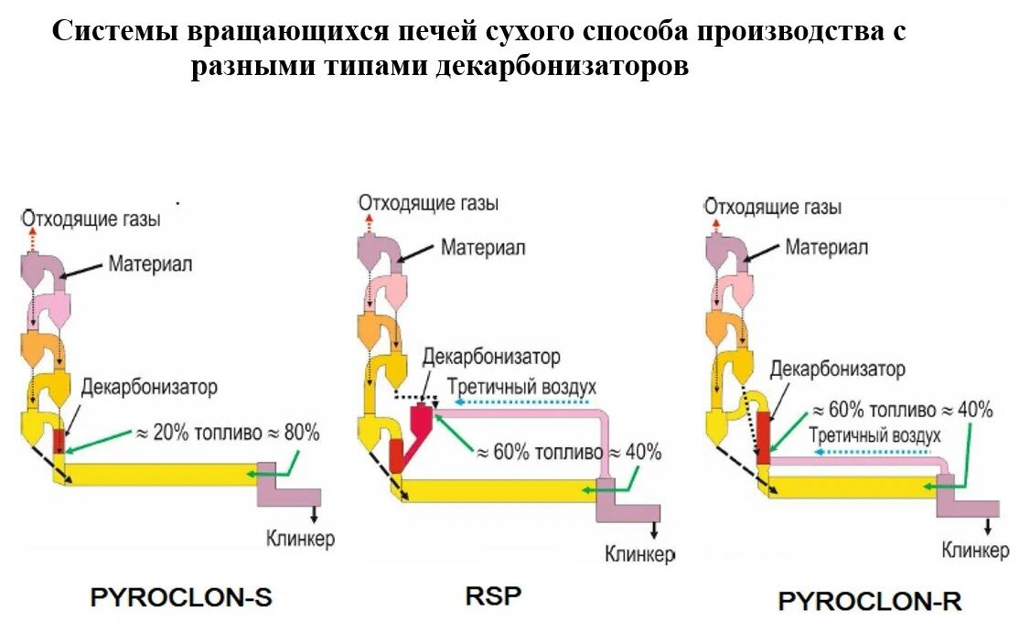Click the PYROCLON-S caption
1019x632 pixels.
tap(181, 598)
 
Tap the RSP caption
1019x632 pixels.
tap(493, 597)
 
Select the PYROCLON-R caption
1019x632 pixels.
tap(869, 601)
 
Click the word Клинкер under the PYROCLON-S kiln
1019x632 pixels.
tap(300, 538)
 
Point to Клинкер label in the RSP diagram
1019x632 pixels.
tap(639, 553)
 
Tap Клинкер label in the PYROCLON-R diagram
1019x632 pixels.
tap(976, 551)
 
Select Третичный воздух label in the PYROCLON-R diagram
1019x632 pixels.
tap(874, 435)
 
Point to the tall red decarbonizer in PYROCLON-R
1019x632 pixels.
tap(763, 435)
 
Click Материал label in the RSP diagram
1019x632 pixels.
tap(483, 247)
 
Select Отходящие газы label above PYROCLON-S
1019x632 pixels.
tap(91, 220)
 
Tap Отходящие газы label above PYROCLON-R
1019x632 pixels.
tap(772, 208)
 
